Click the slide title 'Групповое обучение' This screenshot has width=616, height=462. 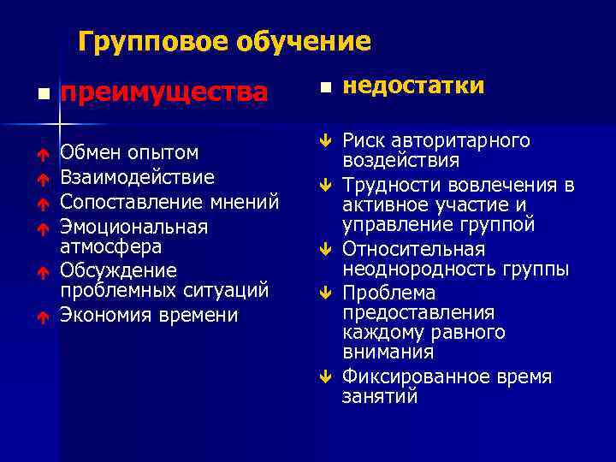pos(224,42)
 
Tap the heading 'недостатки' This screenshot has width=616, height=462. pos(413,86)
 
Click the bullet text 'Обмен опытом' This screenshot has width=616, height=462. pos(129,153)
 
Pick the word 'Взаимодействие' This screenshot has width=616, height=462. pos(137,177)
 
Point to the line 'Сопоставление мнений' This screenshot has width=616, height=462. pos(169,202)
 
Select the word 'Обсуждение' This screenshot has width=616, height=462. pos(118,270)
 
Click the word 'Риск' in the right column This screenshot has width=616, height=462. pos(364,140)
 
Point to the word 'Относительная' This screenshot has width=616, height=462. pos(413,250)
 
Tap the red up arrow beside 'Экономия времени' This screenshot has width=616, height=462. pos(40,317)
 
